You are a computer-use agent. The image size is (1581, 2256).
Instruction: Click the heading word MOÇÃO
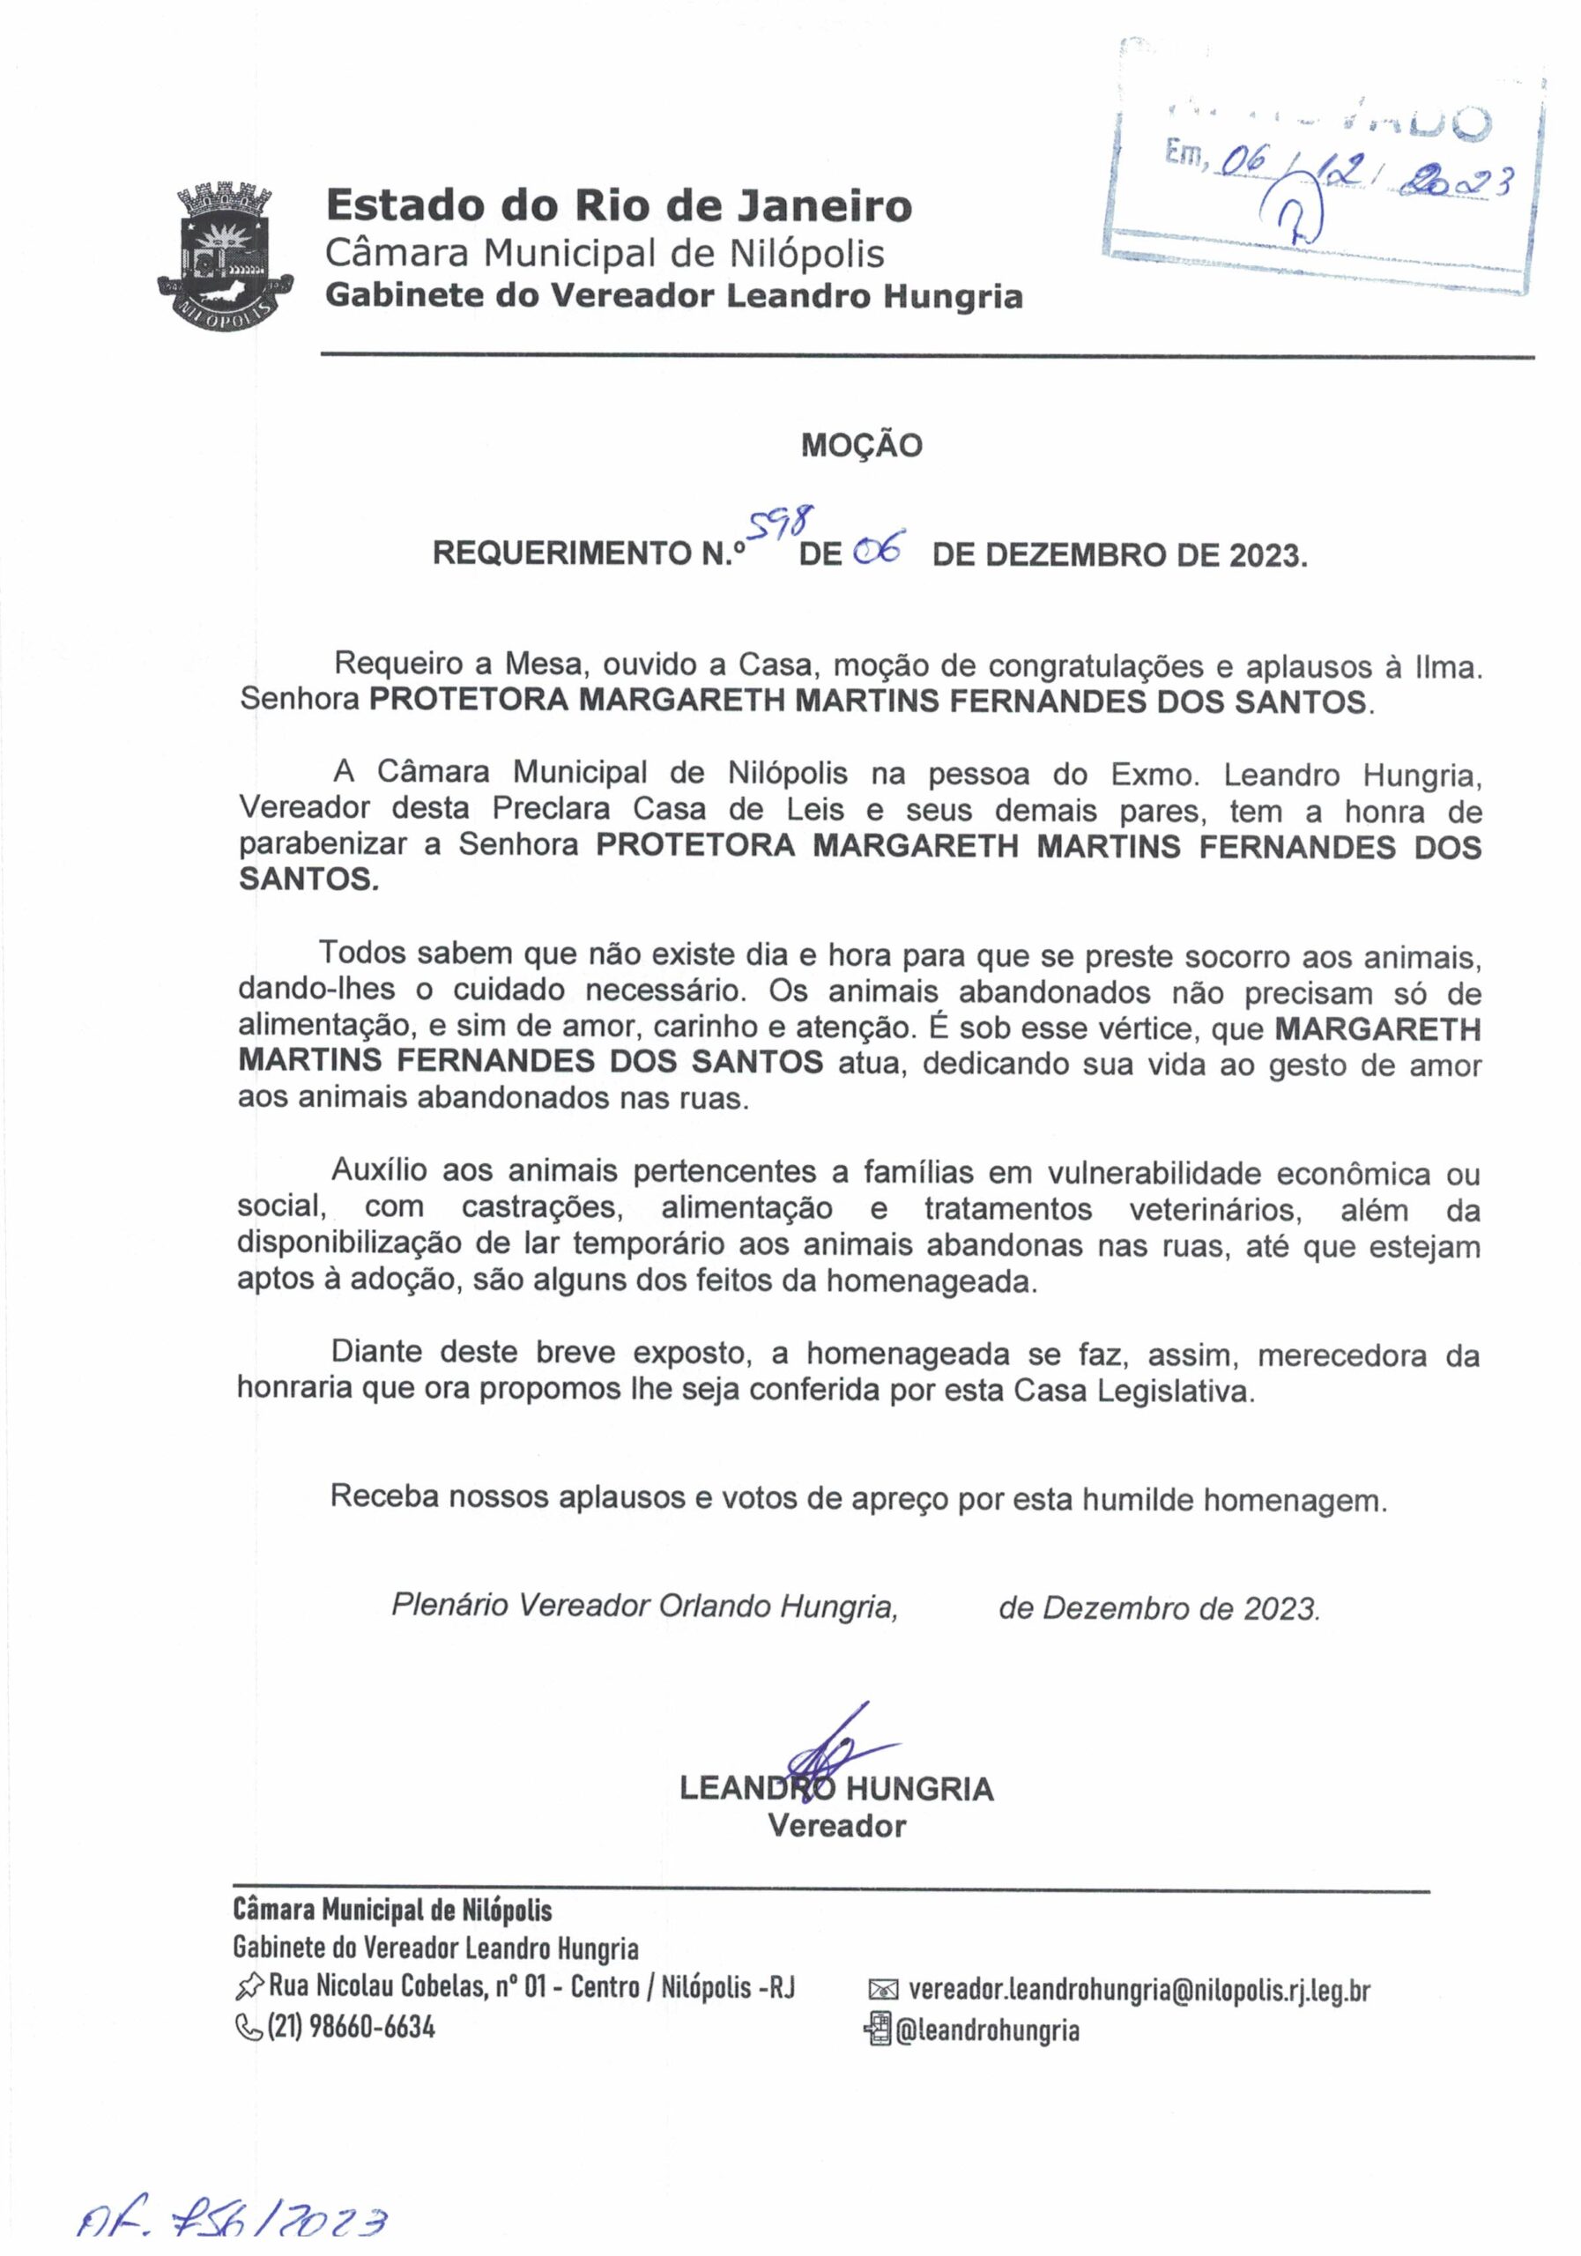tap(862, 446)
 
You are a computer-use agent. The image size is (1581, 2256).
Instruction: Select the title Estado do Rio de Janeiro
tap(619, 206)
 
